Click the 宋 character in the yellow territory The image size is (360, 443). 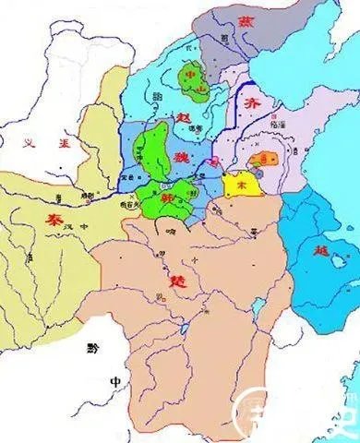pyautogui.click(x=243, y=186)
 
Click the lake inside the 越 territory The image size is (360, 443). pyautogui.click(x=304, y=239)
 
